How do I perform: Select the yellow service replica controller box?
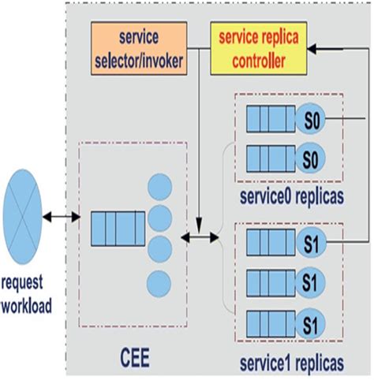click(257, 47)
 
